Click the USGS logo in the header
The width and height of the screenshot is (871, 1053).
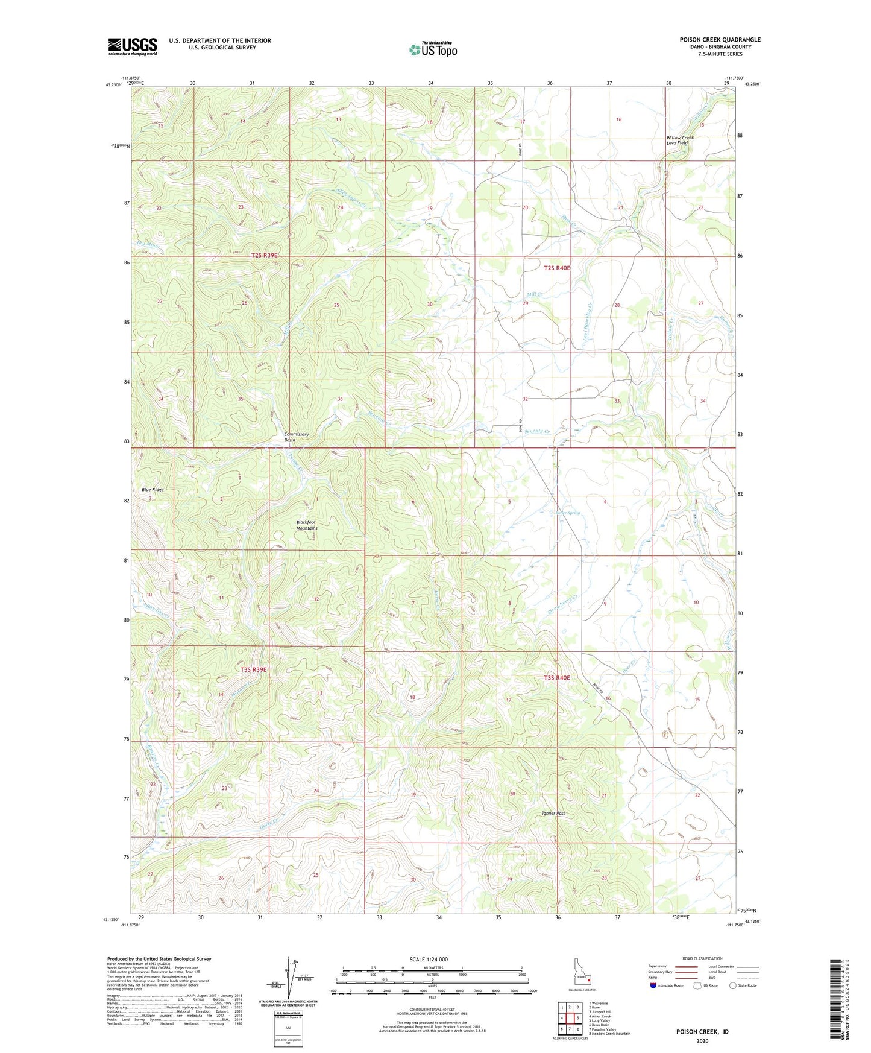pos(132,46)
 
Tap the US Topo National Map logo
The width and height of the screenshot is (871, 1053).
pos(432,49)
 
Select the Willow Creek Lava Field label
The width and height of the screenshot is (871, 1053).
pos(680,140)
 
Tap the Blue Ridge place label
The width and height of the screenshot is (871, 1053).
pos(153,489)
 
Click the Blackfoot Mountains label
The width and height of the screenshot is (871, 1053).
pos(306,525)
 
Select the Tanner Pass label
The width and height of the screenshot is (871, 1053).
pos(553,813)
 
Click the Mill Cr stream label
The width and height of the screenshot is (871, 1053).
pos(535,294)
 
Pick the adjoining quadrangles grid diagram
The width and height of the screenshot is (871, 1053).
pos(569,1019)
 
